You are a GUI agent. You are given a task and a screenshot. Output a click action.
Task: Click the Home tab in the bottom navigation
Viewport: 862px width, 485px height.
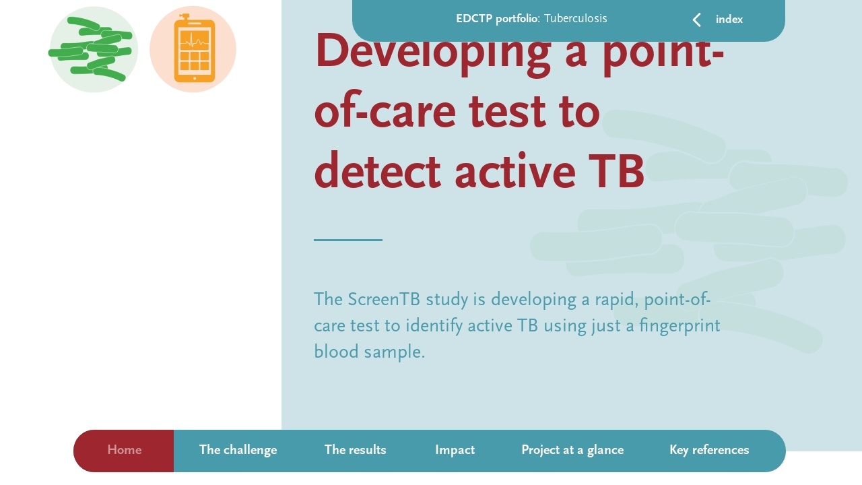coord(124,450)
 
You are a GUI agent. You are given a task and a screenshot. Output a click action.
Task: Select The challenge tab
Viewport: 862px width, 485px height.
coord(238,450)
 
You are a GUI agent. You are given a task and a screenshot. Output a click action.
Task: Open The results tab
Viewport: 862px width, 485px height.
coord(355,450)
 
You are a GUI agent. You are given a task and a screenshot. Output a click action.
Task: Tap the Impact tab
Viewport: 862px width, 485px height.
coord(455,450)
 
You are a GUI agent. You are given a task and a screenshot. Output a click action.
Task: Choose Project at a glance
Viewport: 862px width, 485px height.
coord(572,450)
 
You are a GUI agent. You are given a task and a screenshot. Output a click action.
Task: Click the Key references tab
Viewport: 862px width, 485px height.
coord(708,450)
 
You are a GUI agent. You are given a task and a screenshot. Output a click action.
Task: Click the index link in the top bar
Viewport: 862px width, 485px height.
coord(729,20)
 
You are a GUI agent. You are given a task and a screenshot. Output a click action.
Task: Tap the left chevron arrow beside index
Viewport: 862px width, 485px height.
coord(697,20)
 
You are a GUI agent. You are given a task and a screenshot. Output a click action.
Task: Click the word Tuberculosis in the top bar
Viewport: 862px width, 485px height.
coord(575,19)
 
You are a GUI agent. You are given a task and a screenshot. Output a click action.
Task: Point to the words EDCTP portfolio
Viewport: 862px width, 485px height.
coord(497,19)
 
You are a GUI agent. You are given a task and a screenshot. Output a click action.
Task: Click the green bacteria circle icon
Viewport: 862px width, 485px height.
coord(94,49)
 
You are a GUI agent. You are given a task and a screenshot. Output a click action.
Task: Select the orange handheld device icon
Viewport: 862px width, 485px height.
coord(193,49)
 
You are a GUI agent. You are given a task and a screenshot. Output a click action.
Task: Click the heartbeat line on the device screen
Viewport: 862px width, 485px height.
coord(194,40)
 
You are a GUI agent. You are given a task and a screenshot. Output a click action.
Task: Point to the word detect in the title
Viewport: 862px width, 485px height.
coord(377,172)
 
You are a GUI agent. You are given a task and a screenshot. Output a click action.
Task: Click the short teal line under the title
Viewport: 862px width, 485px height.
coord(347,240)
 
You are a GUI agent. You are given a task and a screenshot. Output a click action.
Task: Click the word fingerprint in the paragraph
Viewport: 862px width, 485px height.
coord(679,326)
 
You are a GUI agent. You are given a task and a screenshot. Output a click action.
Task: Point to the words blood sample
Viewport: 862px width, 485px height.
coord(368,352)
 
